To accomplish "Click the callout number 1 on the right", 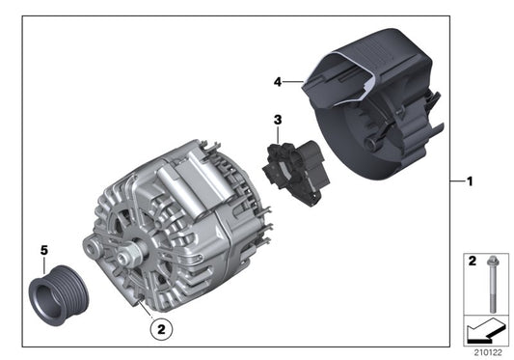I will point(469,181).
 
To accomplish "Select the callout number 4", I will point(277,83).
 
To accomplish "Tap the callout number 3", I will point(277,121).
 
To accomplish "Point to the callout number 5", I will point(42,250).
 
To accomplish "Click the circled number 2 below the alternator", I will point(162,329).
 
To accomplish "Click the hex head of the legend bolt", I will point(493,261).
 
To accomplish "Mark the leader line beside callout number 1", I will point(456,181).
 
